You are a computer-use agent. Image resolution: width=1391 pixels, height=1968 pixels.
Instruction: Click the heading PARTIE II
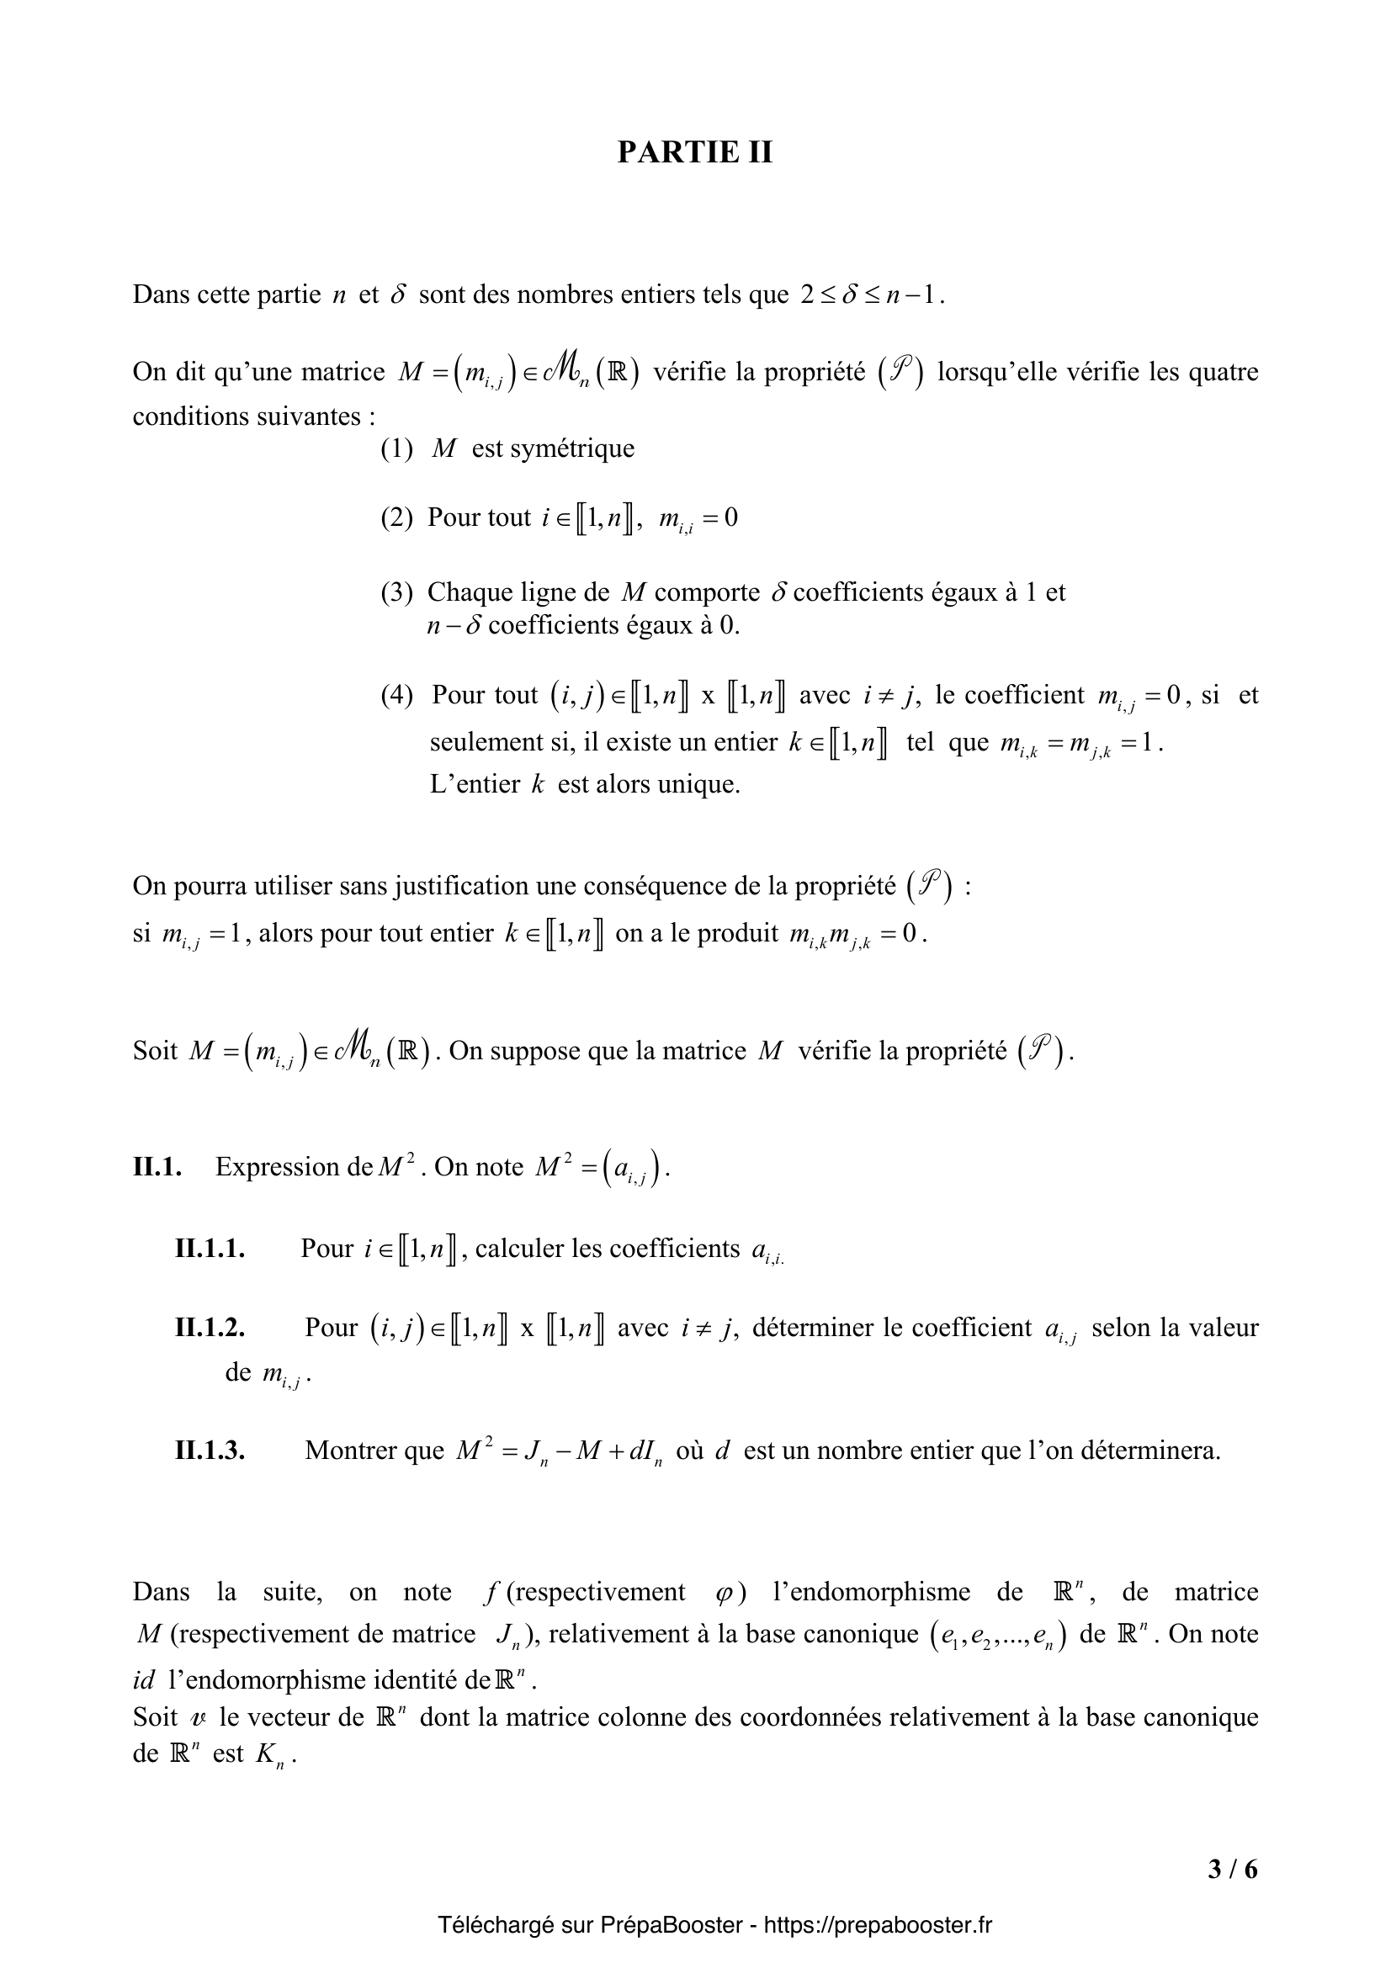click(x=695, y=151)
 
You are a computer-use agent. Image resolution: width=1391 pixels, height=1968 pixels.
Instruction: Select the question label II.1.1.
click(x=210, y=1249)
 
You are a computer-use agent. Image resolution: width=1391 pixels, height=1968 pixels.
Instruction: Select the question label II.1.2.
click(x=210, y=1328)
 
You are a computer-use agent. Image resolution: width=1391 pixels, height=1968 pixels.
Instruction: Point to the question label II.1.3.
click(x=210, y=1451)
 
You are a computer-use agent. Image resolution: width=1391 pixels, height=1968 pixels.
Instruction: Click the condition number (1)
click(x=397, y=448)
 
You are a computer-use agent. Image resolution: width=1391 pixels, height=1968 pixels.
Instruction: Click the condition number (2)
click(x=397, y=517)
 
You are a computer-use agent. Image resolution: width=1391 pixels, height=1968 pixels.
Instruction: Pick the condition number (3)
click(x=397, y=592)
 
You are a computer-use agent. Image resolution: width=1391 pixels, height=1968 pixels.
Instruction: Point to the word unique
click(x=698, y=784)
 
